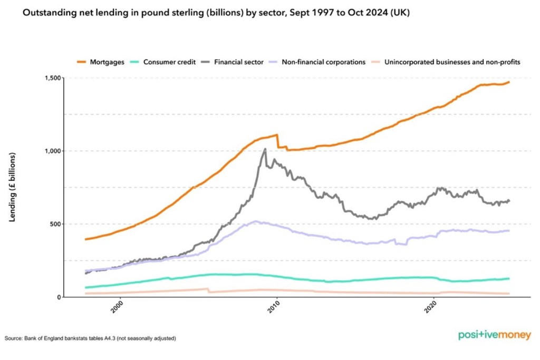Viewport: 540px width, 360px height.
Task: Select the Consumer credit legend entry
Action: tap(163, 62)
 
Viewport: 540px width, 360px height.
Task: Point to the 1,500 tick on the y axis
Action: tap(53, 78)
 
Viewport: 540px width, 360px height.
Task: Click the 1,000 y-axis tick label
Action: tap(53, 151)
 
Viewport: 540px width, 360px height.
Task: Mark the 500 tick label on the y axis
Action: tap(55, 224)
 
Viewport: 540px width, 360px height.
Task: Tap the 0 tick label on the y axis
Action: tap(60, 297)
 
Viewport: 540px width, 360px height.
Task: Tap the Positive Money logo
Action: tap(494, 335)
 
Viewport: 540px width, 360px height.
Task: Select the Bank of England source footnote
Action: tap(90, 338)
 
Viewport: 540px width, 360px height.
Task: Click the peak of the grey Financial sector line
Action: tap(265, 149)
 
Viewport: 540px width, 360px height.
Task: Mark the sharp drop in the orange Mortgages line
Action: tap(278, 141)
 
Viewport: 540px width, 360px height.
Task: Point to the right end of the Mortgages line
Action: tap(509, 82)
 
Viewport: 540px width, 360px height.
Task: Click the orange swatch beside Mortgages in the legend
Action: tap(82, 62)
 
